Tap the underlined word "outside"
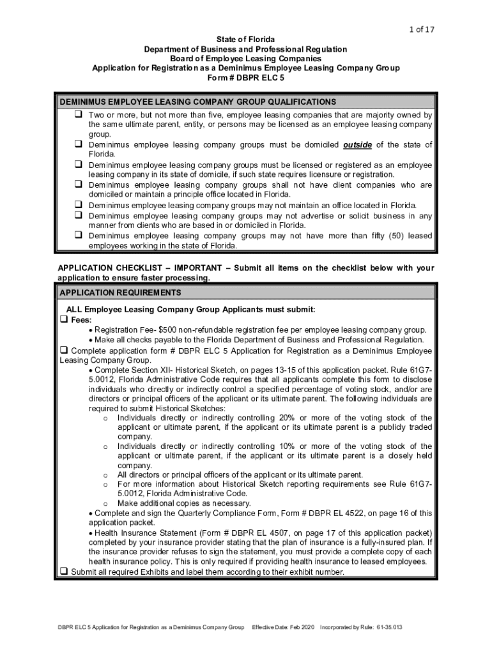point(358,144)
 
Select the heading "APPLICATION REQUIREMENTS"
point(120,293)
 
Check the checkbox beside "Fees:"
point(64,319)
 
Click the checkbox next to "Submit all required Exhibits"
point(64,571)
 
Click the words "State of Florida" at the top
point(245,40)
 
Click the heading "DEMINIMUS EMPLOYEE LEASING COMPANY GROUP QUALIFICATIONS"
point(197,102)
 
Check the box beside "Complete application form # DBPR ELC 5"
point(64,350)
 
